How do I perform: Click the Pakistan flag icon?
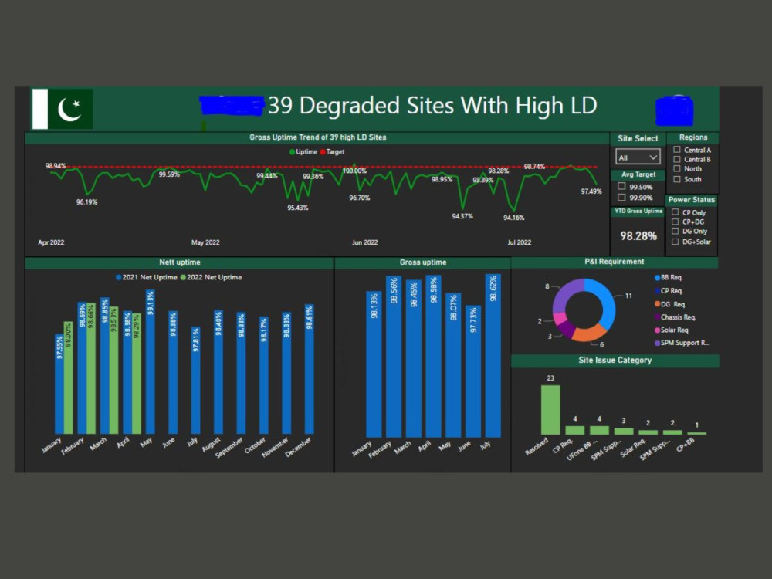(x=63, y=109)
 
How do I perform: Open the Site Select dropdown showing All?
(x=638, y=157)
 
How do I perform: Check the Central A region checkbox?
(x=677, y=150)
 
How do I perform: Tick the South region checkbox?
(x=677, y=179)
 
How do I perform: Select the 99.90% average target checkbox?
(x=621, y=198)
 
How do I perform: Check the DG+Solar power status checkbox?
(x=675, y=242)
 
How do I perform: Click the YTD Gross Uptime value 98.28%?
(x=638, y=236)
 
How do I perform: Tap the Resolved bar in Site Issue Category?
(x=550, y=409)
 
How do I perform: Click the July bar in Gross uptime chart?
(x=493, y=356)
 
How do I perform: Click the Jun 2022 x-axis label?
(x=364, y=242)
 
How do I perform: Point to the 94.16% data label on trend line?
(x=513, y=218)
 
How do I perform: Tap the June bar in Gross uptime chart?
(x=472, y=371)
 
